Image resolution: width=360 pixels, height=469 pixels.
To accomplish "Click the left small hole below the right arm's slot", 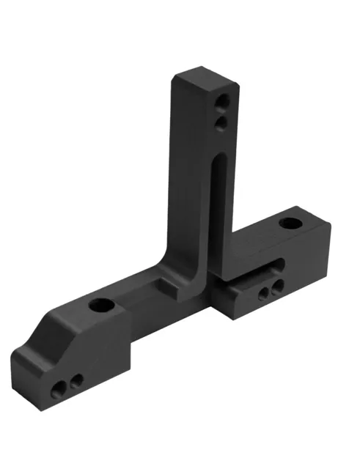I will tap(265, 295).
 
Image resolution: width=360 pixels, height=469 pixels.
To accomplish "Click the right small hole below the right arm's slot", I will tap(276, 291).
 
